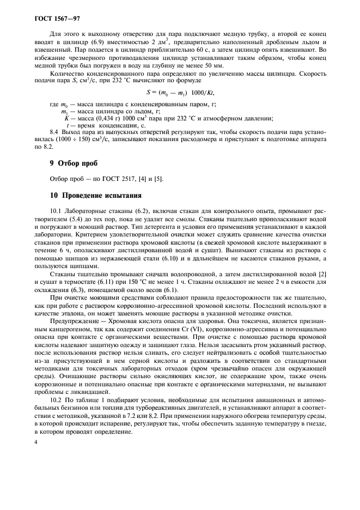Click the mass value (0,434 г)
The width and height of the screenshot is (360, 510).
coord(104,118)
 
